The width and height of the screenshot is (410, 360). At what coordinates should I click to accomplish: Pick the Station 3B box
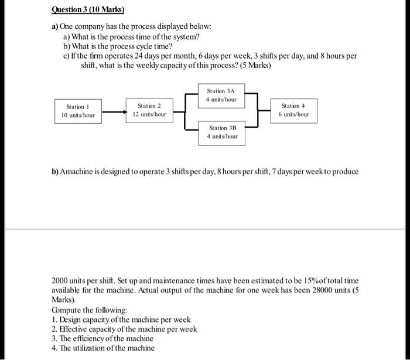(x=223, y=131)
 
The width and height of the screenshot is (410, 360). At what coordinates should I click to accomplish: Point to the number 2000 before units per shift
(x=61, y=281)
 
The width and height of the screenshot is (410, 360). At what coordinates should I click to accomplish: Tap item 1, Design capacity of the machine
(x=121, y=320)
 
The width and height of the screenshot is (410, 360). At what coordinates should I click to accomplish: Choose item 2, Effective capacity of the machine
(x=124, y=329)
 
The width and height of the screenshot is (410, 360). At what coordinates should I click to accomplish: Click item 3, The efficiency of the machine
(x=103, y=338)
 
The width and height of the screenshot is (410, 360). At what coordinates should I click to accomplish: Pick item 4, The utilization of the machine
(x=104, y=348)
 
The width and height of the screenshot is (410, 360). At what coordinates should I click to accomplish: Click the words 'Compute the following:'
(x=89, y=310)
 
